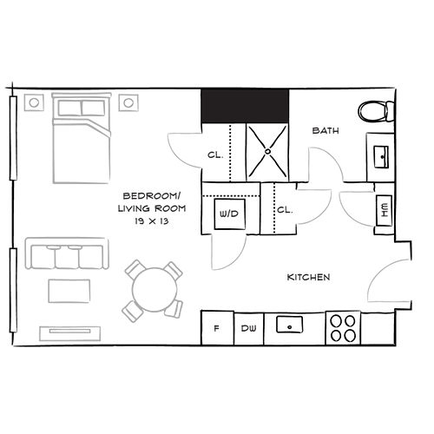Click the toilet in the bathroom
tap(376, 111)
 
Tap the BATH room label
tap(325, 131)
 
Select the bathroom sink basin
tap(381, 157)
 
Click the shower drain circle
tap(267, 151)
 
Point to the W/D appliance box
tap(230, 214)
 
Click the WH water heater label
tap(385, 210)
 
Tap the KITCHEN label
tap(308, 277)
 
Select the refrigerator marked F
tap(217, 328)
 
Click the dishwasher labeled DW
tap(249, 328)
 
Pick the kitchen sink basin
tap(290, 325)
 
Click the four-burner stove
tap(343, 328)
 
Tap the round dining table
tap(155, 290)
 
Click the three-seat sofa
tap(67, 253)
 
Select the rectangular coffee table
tap(69, 291)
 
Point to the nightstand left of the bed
tap(34, 102)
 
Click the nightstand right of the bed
tap(128, 102)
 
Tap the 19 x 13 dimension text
tap(152, 221)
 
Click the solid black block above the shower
tap(245, 106)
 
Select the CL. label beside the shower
tap(215, 155)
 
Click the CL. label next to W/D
tap(285, 210)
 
